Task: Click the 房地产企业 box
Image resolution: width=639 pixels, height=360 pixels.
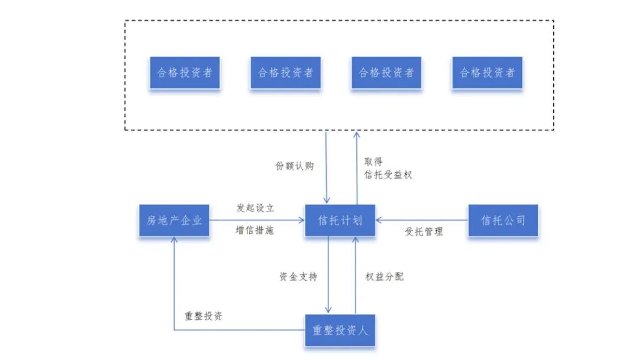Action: (x=175, y=221)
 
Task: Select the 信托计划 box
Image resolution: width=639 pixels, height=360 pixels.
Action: (x=340, y=221)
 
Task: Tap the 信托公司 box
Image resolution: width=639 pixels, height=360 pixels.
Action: (x=503, y=221)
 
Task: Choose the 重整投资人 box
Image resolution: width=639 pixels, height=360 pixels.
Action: (x=340, y=330)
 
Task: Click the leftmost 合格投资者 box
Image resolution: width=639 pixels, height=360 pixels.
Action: (x=185, y=73)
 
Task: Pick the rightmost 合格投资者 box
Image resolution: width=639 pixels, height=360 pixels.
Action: (x=488, y=73)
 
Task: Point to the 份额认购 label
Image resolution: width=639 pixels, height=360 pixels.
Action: (x=295, y=166)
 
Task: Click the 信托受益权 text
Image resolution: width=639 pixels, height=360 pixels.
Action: (x=388, y=175)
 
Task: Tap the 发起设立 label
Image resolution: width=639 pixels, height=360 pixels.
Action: (x=255, y=208)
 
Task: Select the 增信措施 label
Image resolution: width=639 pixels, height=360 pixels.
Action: (x=255, y=231)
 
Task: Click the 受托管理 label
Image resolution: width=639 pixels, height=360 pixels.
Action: (x=424, y=232)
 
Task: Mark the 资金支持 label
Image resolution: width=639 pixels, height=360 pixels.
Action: (x=298, y=277)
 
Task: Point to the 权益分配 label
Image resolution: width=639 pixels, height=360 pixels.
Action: (x=385, y=277)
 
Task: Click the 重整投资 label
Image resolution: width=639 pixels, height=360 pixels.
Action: (x=204, y=316)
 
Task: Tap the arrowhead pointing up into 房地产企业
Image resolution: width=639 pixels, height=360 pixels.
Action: (x=175, y=240)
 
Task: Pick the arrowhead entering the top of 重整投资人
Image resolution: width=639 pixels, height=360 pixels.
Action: (x=328, y=310)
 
